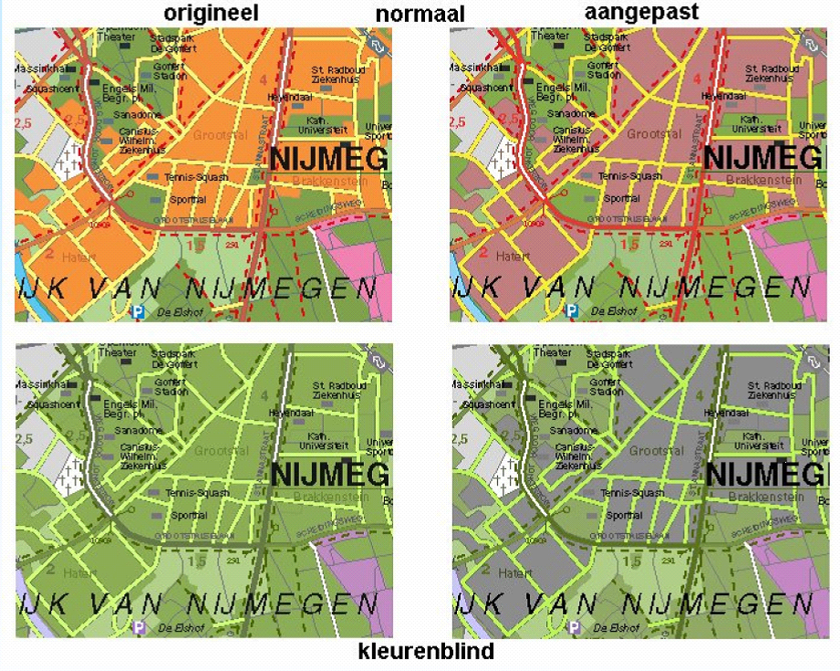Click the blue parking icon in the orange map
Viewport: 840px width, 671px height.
pyautogui.click(x=138, y=310)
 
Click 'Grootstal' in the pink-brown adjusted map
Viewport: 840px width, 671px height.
pyautogui.click(x=654, y=134)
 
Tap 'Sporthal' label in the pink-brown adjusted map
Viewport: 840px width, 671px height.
pyautogui.click(x=622, y=198)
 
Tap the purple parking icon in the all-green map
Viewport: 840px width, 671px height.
pyautogui.click(x=138, y=626)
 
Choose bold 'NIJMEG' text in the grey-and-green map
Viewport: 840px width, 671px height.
pyautogui.click(x=764, y=475)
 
